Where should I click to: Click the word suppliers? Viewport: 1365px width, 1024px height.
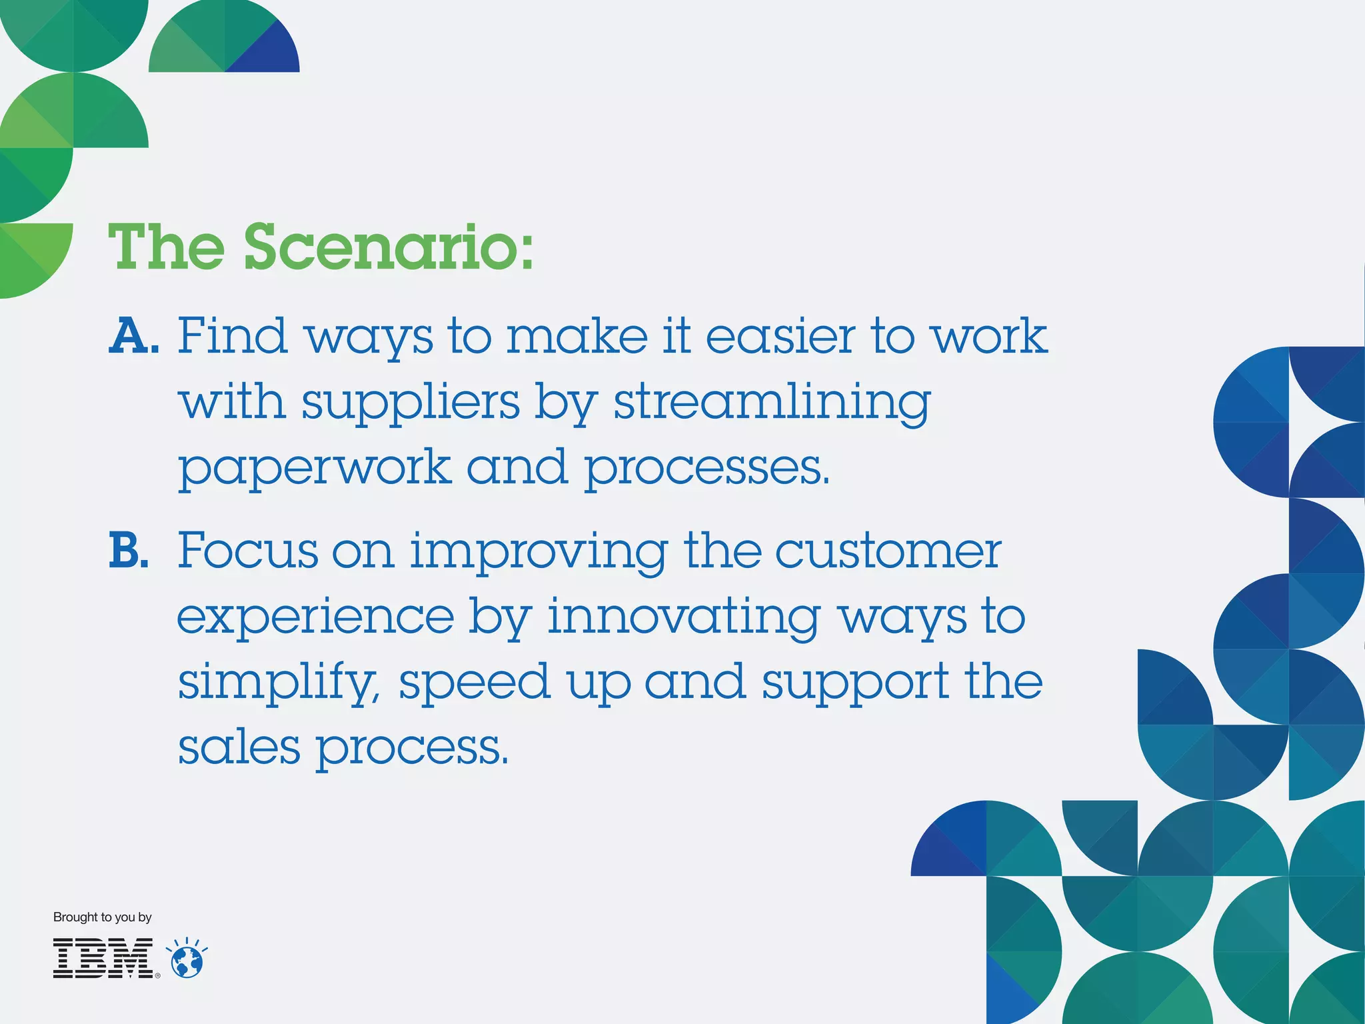coord(410,403)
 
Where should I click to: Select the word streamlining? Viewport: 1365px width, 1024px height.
coord(771,403)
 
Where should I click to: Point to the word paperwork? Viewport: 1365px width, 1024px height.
coord(315,468)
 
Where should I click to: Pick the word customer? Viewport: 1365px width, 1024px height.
coord(888,551)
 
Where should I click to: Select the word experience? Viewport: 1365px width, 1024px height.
coord(315,617)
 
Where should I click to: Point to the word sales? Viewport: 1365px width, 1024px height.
coord(239,747)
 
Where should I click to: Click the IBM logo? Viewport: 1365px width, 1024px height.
coord(104,959)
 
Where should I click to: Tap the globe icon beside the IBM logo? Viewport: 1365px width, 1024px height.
coord(187,960)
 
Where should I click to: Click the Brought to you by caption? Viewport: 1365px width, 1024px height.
coord(102,917)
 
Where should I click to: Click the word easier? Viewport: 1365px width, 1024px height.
coord(780,336)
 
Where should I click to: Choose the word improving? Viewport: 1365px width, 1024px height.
coord(539,551)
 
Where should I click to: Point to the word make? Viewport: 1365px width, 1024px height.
coord(577,336)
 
